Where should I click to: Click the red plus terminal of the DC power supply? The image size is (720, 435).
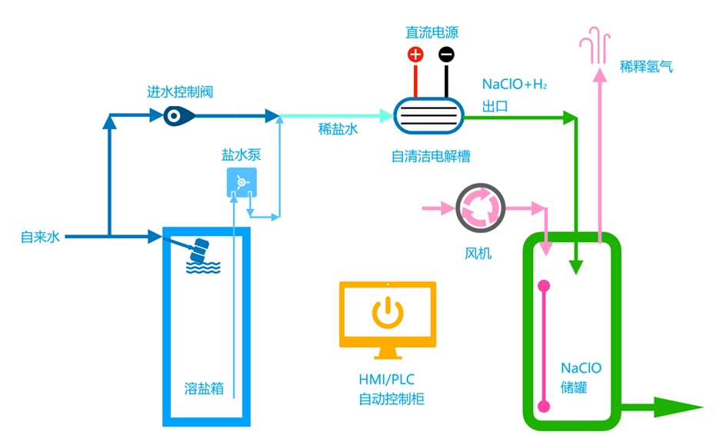(415, 55)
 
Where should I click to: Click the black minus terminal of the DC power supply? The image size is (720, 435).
(446, 55)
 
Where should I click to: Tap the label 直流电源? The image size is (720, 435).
(432, 32)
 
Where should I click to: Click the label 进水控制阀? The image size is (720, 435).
(180, 92)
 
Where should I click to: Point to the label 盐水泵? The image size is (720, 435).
(242, 154)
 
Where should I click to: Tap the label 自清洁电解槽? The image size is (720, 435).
(431, 156)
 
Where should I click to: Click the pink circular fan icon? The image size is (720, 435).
(479, 208)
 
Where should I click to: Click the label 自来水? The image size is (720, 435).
(40, 237)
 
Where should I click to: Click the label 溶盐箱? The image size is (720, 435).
(205, 388)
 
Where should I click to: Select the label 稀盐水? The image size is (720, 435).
(338, 129)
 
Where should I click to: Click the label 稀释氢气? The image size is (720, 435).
(646, 67)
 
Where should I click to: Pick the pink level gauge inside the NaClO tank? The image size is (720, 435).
(545, 346)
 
